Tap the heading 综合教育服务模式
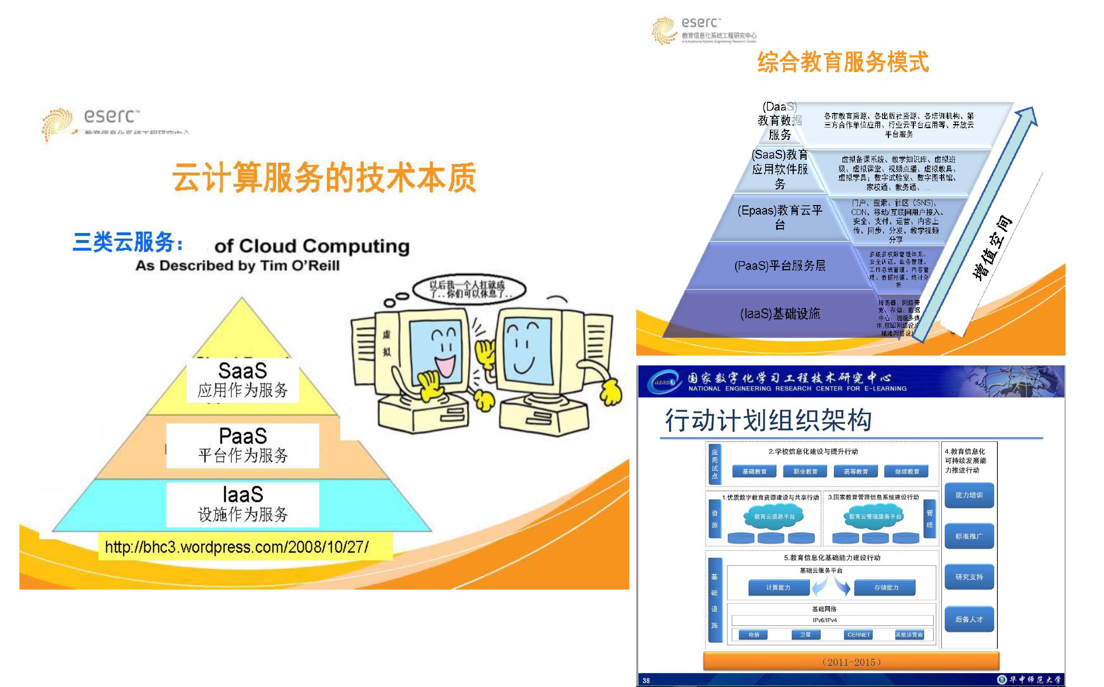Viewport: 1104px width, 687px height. [x=843, y=62]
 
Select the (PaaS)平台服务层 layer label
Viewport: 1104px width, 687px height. [x=780, y=265]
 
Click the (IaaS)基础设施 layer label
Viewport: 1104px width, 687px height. [x=780, y=313]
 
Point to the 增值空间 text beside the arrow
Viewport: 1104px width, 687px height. [x=992, y=248]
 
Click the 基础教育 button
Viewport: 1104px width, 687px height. [x=754, y=472]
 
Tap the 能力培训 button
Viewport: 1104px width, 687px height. [x=969, y=495]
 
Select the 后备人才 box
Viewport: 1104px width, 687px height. [x=969, y=619]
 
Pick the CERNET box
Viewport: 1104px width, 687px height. [x=858, y=635]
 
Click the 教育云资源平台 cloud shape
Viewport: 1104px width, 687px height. [x=774, y=517]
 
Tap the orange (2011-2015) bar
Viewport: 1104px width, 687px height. [x=851, y=662]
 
